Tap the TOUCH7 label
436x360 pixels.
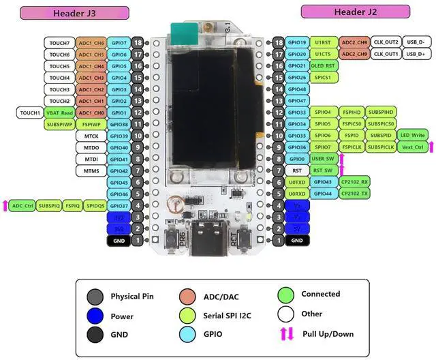[59, 42]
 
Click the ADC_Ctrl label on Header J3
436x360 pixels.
[23, 205]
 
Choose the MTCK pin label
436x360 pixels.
[91, 136]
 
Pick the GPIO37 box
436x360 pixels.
[119, 205]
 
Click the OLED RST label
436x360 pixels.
[324, 65]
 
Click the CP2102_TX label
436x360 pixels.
[355, 194]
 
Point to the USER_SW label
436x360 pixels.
[324, 159]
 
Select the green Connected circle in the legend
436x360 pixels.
[286, 295]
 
